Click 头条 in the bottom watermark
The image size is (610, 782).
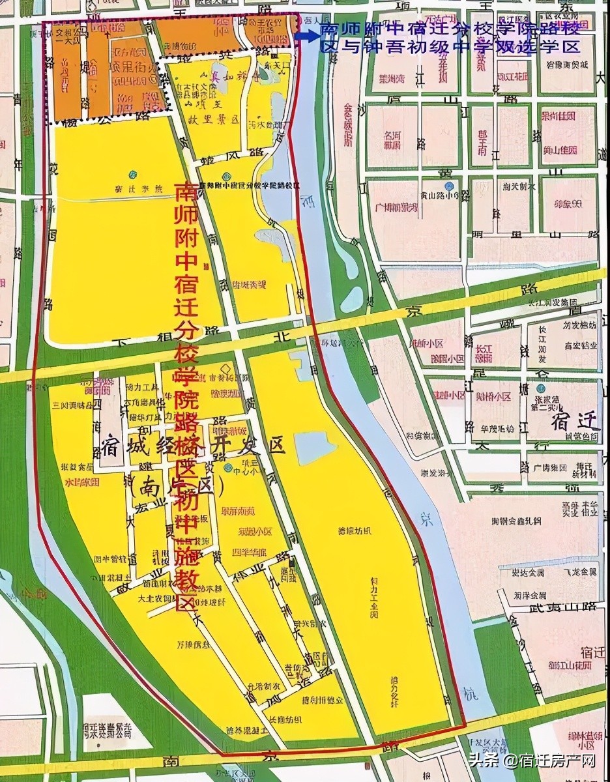(483, 761)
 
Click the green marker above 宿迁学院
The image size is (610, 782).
(132, 175)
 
